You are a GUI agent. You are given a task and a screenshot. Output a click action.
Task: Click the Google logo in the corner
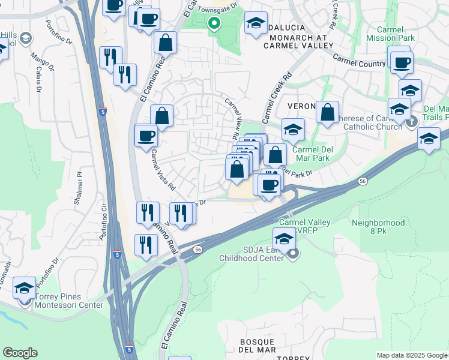20,353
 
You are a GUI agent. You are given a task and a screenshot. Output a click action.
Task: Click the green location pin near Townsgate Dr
214,24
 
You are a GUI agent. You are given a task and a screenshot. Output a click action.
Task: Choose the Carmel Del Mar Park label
312,154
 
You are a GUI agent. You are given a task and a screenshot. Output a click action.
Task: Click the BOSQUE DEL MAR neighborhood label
258,345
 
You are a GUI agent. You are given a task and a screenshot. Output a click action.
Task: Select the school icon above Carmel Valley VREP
284,237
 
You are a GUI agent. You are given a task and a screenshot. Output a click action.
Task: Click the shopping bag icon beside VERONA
327,112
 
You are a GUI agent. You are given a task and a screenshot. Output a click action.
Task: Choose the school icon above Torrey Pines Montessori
24,288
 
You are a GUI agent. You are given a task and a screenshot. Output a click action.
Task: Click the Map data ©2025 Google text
412,355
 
